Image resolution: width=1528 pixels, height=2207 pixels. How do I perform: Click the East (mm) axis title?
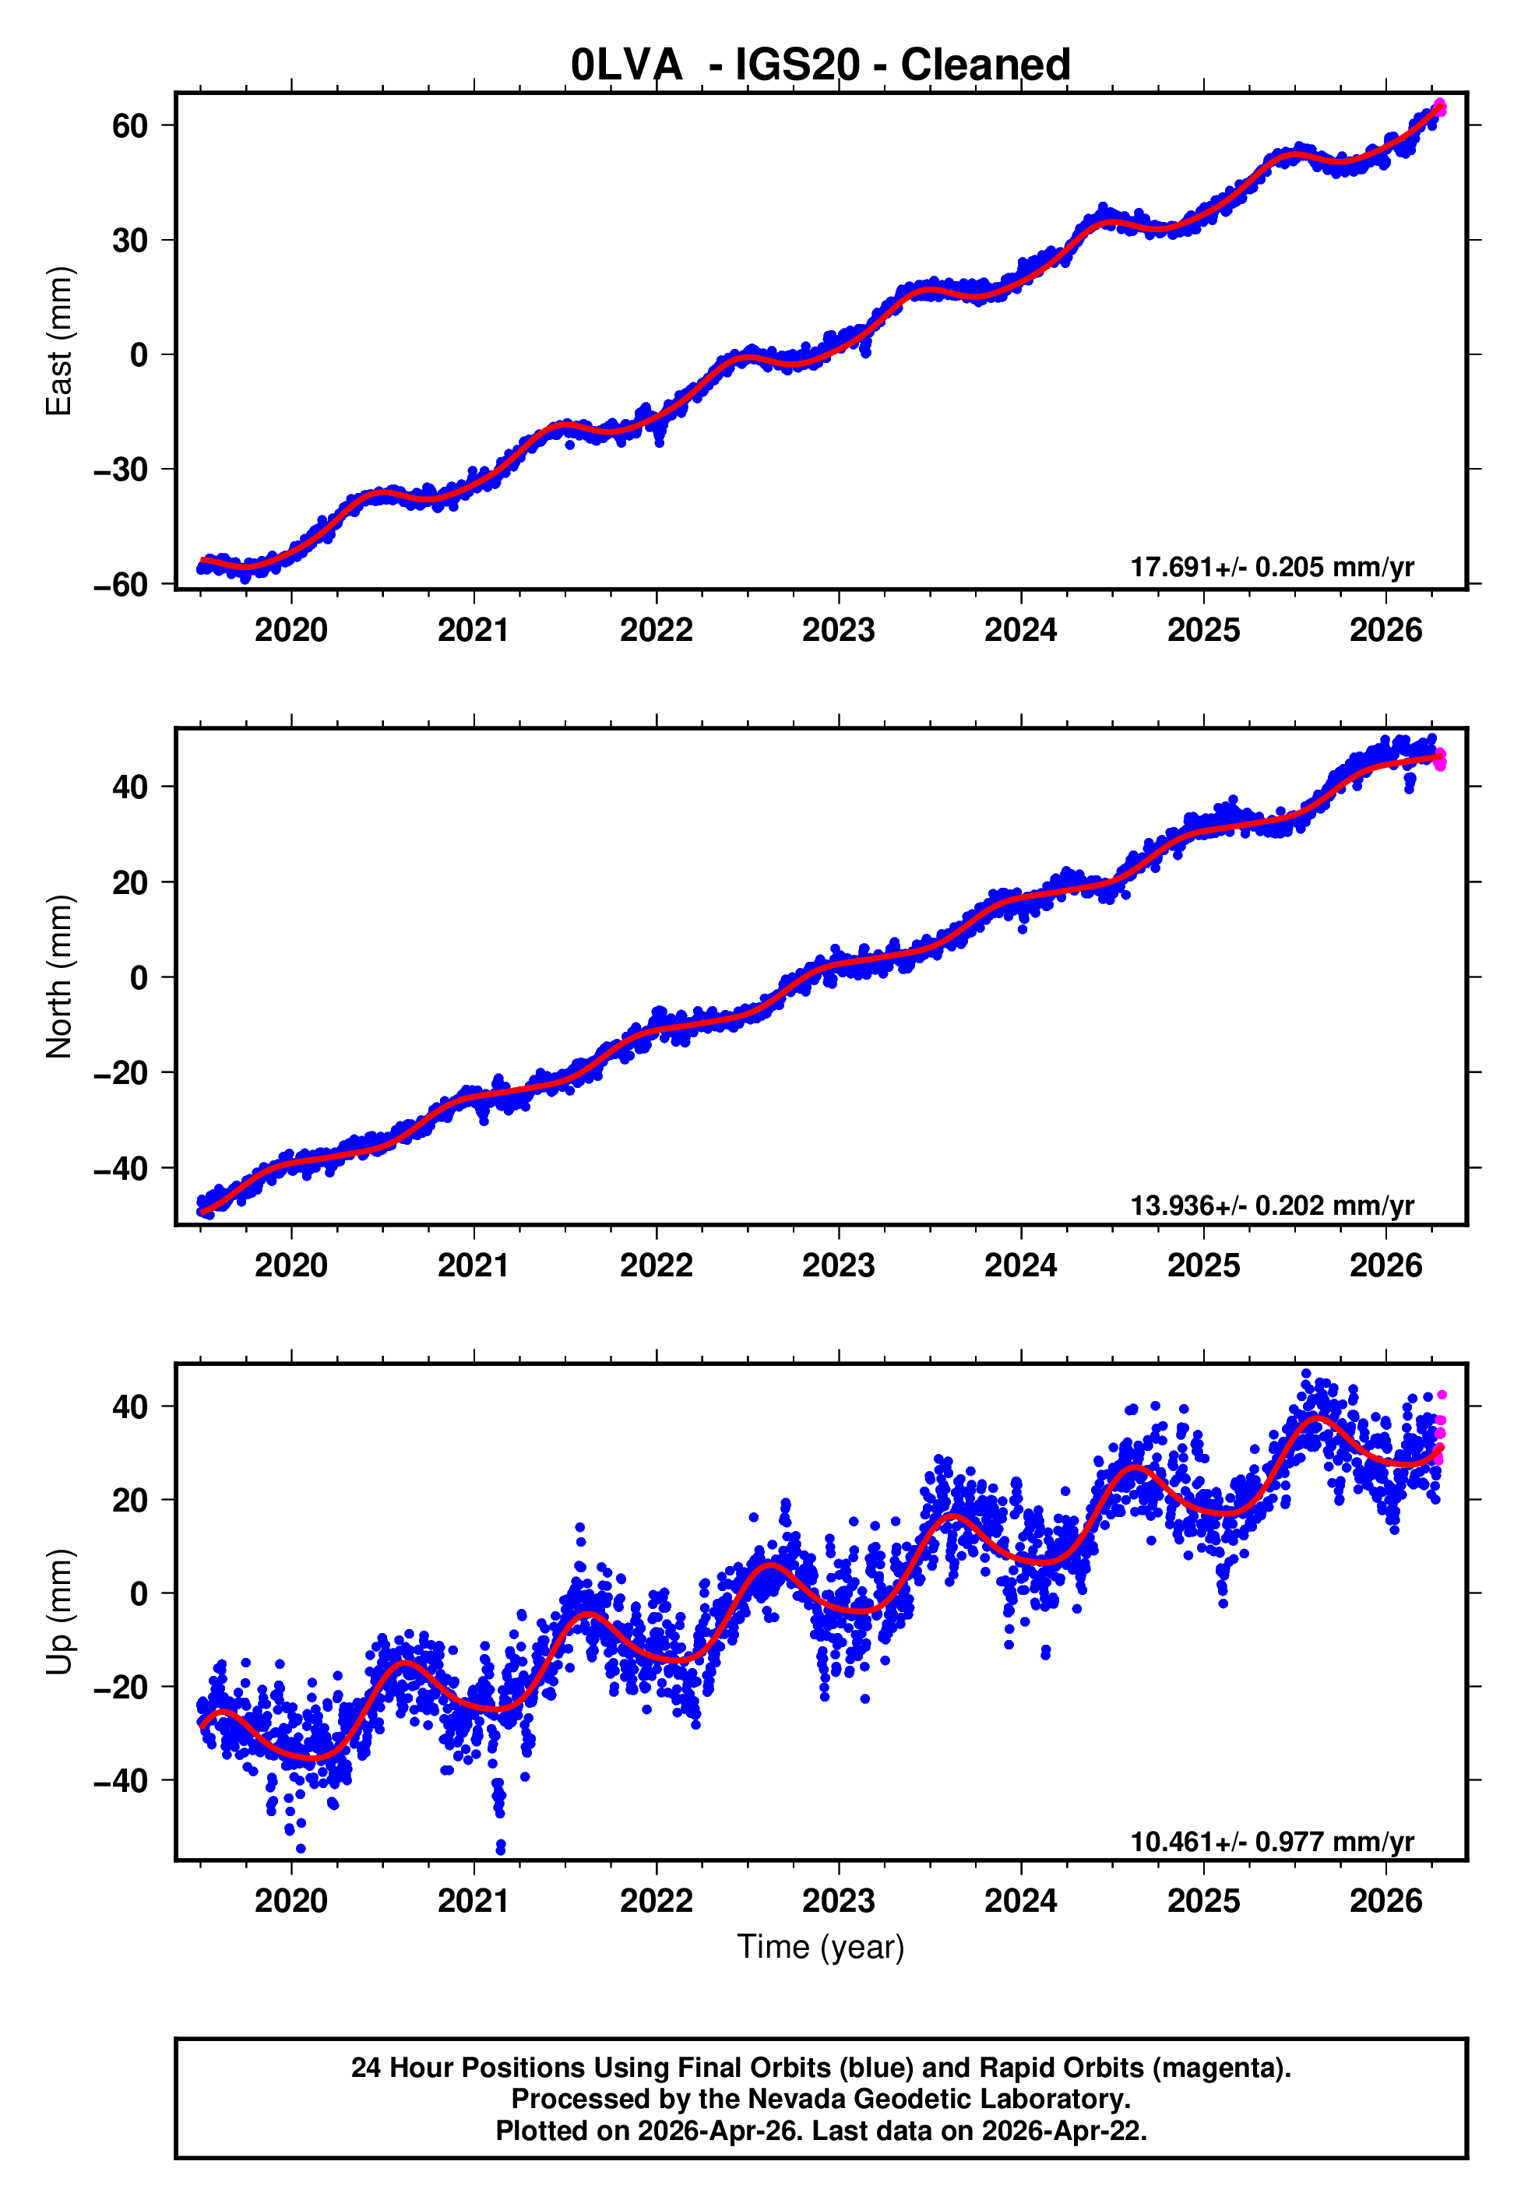tap(59, 341)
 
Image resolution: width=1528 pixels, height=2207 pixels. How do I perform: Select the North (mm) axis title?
tap(59, 977)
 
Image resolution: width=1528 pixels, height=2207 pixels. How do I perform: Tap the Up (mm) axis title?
tap(59, 1612)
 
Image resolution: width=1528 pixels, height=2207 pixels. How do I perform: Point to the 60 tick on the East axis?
tap(129, 125)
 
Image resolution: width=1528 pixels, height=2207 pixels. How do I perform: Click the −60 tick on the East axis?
tap(121, 584)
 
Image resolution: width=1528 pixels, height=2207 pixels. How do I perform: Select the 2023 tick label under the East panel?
tap(838, 630)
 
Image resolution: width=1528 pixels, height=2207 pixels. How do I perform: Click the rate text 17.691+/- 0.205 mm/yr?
tap(1272, 567)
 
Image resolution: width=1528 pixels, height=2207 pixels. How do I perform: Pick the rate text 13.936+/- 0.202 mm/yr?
tap(1272, 1205)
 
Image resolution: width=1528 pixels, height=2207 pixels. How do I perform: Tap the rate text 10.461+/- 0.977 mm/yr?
tap(1272, 1842)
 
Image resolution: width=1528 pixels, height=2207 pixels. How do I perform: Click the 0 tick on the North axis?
tap(139, 977)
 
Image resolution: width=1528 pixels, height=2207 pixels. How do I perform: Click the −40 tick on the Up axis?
tap(121, 1780)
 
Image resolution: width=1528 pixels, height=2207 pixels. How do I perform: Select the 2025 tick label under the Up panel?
tap(1202, 1901)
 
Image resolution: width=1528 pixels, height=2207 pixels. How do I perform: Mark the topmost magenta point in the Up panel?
tap(1441, 1396)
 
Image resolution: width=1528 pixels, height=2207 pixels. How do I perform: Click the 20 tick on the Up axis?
tap(129, 1500)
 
